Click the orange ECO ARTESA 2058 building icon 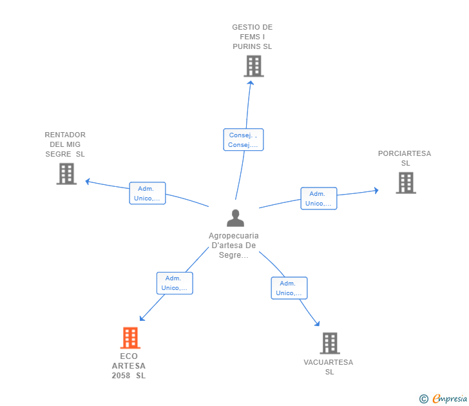130,338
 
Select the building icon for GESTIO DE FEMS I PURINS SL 254,66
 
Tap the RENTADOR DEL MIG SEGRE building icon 66,173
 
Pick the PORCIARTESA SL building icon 405,182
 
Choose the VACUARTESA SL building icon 329,343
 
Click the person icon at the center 235,218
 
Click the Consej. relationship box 243,140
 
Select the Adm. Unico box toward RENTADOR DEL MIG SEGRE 148,193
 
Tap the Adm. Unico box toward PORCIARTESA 318,198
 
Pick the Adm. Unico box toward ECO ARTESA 175,283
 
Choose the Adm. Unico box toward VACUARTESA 289,288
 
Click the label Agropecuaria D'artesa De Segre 233,246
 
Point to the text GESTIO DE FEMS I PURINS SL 253,37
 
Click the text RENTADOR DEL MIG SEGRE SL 65,144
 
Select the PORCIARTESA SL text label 405,158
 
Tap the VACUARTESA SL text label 329,367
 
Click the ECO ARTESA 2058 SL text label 129,366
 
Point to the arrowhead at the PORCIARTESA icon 376,190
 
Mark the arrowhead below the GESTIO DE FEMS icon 251,81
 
